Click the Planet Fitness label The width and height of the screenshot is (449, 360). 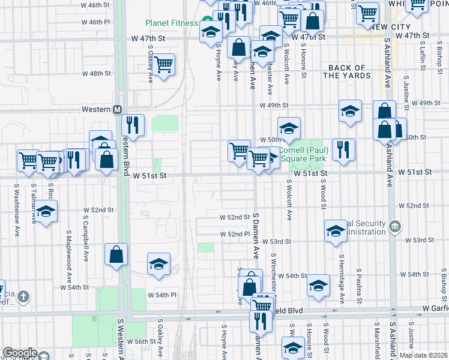[171, 23]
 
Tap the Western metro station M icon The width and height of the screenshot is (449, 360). [118, 109]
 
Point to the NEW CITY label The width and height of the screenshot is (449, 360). [390, 27]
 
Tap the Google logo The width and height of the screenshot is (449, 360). [20, 352]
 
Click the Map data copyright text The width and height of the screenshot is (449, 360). [423, 355]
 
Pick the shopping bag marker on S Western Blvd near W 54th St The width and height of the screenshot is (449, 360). [116, 254]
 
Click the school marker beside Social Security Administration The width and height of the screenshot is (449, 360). [336, 230]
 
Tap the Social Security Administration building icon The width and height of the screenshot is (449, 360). [395, 226]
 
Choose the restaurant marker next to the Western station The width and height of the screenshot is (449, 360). [133, 124]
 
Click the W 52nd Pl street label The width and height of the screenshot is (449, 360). [235, 234]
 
